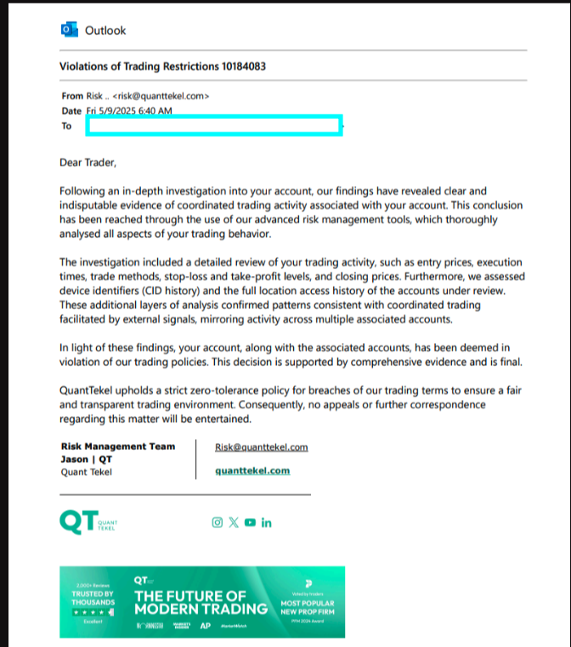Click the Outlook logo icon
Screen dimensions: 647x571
pyautogui.click(x=69, y=30)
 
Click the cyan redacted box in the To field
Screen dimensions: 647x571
pyautogui.click(x=213, y=126)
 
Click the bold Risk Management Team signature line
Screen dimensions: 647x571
pyautogui.click(x=118, y=447)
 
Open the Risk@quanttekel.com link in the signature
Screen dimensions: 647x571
pyautogui.click(x=262, y=447)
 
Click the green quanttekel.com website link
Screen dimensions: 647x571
pyautogui.click(x=252, y=470)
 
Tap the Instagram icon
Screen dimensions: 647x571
pyautogui.click(x=217, y=522)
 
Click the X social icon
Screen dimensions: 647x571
pyautogui.click(x=234, y=522)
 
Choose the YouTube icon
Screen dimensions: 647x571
pyautogui.click(x=250, y=522)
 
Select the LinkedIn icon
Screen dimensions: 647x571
pyautogui.click(x=267, y=522)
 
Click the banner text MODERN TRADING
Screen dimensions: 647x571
pyautogui.click(x=201, y=609)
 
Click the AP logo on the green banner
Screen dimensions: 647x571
pyautogui.click(x=205, y=627)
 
